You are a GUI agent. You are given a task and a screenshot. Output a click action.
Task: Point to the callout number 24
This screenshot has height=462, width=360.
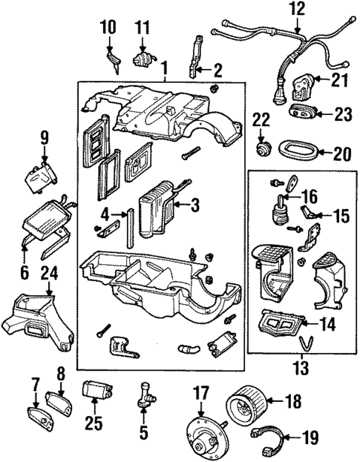click(27, 272)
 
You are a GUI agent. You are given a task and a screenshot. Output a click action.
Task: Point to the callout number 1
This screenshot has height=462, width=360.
click(163, 65)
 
